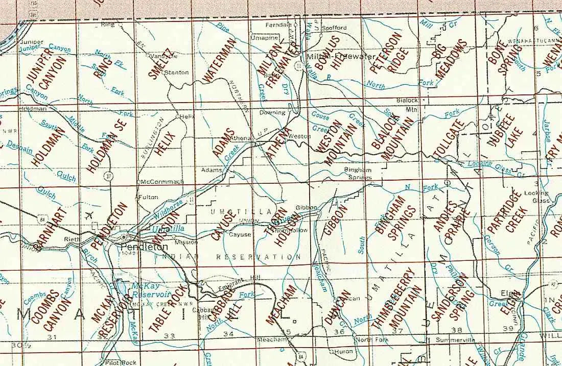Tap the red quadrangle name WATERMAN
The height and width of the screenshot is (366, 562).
(x=219, y=60)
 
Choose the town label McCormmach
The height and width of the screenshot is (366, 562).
(x=161, y=182)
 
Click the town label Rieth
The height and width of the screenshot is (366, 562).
(x=71, y=239)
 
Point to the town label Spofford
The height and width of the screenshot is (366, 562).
(x=335, y=28)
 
